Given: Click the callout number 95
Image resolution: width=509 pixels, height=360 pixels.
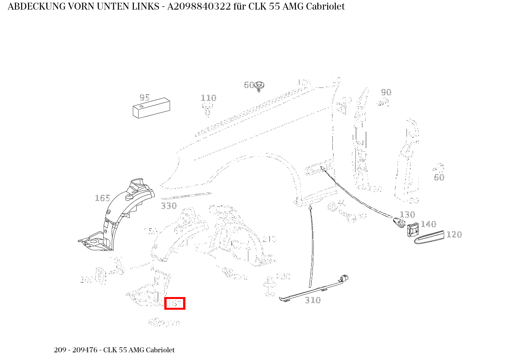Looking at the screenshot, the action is (x=145, y=97).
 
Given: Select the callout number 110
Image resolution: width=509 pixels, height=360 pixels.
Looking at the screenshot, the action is (x=208, y=98).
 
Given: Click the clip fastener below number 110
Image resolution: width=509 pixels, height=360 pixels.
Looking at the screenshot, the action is (x=208, y=109).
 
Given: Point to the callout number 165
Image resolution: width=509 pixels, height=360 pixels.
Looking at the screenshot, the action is (x=102, y=198).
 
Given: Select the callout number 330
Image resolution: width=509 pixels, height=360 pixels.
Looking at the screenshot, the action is (x=169, y=206).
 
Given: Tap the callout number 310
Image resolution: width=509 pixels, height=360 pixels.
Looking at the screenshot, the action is (x=312, y=300).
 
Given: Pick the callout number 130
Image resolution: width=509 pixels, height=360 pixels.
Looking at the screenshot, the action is (x=407, y=215).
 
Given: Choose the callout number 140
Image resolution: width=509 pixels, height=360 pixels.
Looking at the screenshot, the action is (x=428, y=224).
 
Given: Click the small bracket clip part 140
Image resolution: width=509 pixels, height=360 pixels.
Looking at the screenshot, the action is (x=413, y=230).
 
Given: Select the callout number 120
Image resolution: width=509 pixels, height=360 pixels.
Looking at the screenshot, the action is (x=454, y=234).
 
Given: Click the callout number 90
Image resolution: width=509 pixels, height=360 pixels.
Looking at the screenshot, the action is (x=386, y=92).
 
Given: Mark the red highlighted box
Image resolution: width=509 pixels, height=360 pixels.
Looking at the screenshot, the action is (x=175, y=303).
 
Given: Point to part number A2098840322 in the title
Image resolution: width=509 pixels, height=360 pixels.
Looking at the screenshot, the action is (x=199, y=7).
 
